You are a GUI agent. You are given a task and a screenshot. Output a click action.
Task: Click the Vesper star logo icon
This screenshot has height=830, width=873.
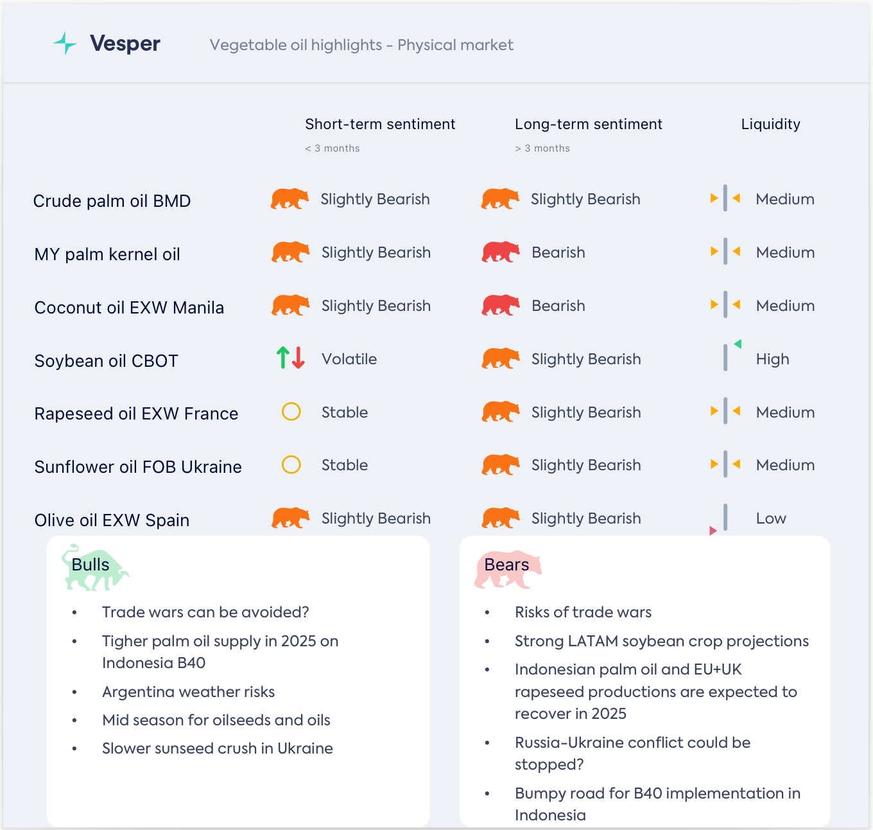pos(65,44)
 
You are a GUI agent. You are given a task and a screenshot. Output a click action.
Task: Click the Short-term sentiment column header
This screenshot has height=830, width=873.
pos(380,124)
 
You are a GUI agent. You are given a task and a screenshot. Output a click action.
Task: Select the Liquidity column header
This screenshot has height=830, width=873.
pos(770,124)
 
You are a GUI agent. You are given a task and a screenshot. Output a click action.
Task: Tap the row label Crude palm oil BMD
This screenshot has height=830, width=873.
pos(112,201)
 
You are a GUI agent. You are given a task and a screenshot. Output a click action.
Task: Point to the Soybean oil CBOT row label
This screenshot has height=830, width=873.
pos(106,361)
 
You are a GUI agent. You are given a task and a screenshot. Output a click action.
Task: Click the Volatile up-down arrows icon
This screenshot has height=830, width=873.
pos(290,358)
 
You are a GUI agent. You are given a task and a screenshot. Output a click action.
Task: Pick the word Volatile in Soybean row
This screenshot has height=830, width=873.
pos(349,359)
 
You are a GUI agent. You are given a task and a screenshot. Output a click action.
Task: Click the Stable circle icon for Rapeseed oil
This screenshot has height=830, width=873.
pos(291,411)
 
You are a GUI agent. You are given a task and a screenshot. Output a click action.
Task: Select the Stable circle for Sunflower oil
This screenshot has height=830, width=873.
pos(291,464)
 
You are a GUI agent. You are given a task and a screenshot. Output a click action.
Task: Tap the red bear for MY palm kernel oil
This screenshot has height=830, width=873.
pos(501,252)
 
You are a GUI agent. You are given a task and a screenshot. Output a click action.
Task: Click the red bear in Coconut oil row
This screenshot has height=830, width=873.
pos(501,305)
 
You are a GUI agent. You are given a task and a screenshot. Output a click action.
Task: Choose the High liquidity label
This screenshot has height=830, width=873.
pos(772,359)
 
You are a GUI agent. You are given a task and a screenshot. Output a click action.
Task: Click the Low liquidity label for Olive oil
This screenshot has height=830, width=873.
pos(771,518)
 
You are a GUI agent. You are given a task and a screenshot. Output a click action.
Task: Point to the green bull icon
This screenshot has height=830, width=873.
pos(94,568)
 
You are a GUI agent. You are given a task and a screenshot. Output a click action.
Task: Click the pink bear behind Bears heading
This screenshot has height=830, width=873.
pos(508,569)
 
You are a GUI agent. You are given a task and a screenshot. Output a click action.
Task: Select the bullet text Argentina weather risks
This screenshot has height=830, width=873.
pos(188,692)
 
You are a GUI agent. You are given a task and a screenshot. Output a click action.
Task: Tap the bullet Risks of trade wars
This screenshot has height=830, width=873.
pos(583,612)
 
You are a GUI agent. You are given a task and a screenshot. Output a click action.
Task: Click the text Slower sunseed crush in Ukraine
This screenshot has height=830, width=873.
pos(217,748)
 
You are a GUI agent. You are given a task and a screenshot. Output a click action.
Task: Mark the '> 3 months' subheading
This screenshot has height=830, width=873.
pos(542,148)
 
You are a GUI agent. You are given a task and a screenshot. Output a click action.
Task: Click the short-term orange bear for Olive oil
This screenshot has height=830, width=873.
pos(290,518)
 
